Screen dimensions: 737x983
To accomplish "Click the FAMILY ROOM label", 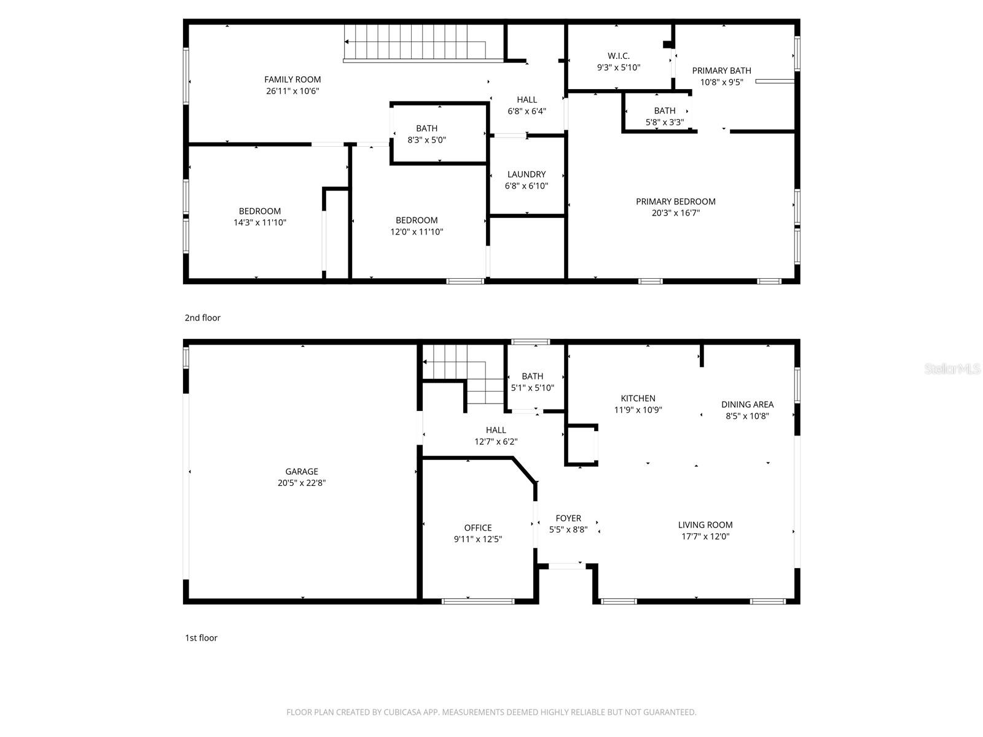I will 292,79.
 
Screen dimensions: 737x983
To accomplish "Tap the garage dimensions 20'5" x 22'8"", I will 301,483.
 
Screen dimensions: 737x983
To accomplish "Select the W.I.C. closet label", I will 619,56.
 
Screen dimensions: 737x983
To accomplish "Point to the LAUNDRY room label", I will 527,174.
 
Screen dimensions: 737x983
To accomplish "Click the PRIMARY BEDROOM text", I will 675,201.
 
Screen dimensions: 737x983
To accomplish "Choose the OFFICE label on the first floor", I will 477,528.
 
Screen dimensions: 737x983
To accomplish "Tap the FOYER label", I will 568,518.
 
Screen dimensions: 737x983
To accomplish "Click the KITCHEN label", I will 638,399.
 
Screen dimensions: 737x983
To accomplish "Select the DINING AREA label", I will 747,404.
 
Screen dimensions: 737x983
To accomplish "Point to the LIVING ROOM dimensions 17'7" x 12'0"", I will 705,536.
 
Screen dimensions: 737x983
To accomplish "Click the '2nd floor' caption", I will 202,318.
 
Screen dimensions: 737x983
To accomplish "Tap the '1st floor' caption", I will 201,638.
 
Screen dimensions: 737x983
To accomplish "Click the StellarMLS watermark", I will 952,369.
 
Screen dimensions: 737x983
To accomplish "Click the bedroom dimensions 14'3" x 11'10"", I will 259,222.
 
